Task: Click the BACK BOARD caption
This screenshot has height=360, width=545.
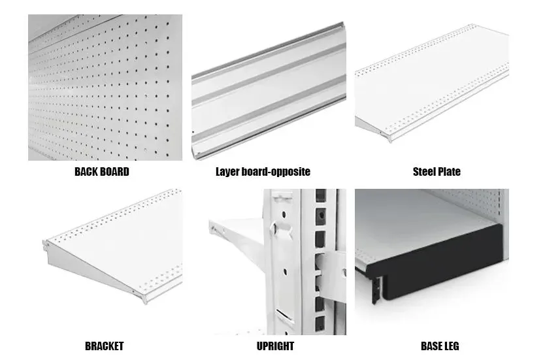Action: coord(102,172)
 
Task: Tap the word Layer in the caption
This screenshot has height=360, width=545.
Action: coord(227,172)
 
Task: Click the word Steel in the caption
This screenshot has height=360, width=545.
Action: coord(423,172)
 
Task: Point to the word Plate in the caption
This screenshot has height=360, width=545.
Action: coord(449,172)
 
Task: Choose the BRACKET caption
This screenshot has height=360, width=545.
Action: coord(105,346)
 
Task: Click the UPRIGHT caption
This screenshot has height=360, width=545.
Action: coord(275,346)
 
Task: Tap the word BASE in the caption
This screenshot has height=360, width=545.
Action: coord(430,346)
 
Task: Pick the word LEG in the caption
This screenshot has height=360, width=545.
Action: coord(451,346)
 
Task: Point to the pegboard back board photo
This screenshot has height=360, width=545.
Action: coord(105,87)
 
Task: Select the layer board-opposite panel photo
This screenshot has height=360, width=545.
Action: coord(269,91)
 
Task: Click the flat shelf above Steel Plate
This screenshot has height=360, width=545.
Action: coord(432,84)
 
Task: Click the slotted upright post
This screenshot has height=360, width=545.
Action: coord(306,262)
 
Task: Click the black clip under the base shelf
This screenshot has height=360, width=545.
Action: coord(376,290)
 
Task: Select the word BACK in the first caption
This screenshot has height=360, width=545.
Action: coord(86,172)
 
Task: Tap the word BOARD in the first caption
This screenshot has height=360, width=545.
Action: coord(115,172)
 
